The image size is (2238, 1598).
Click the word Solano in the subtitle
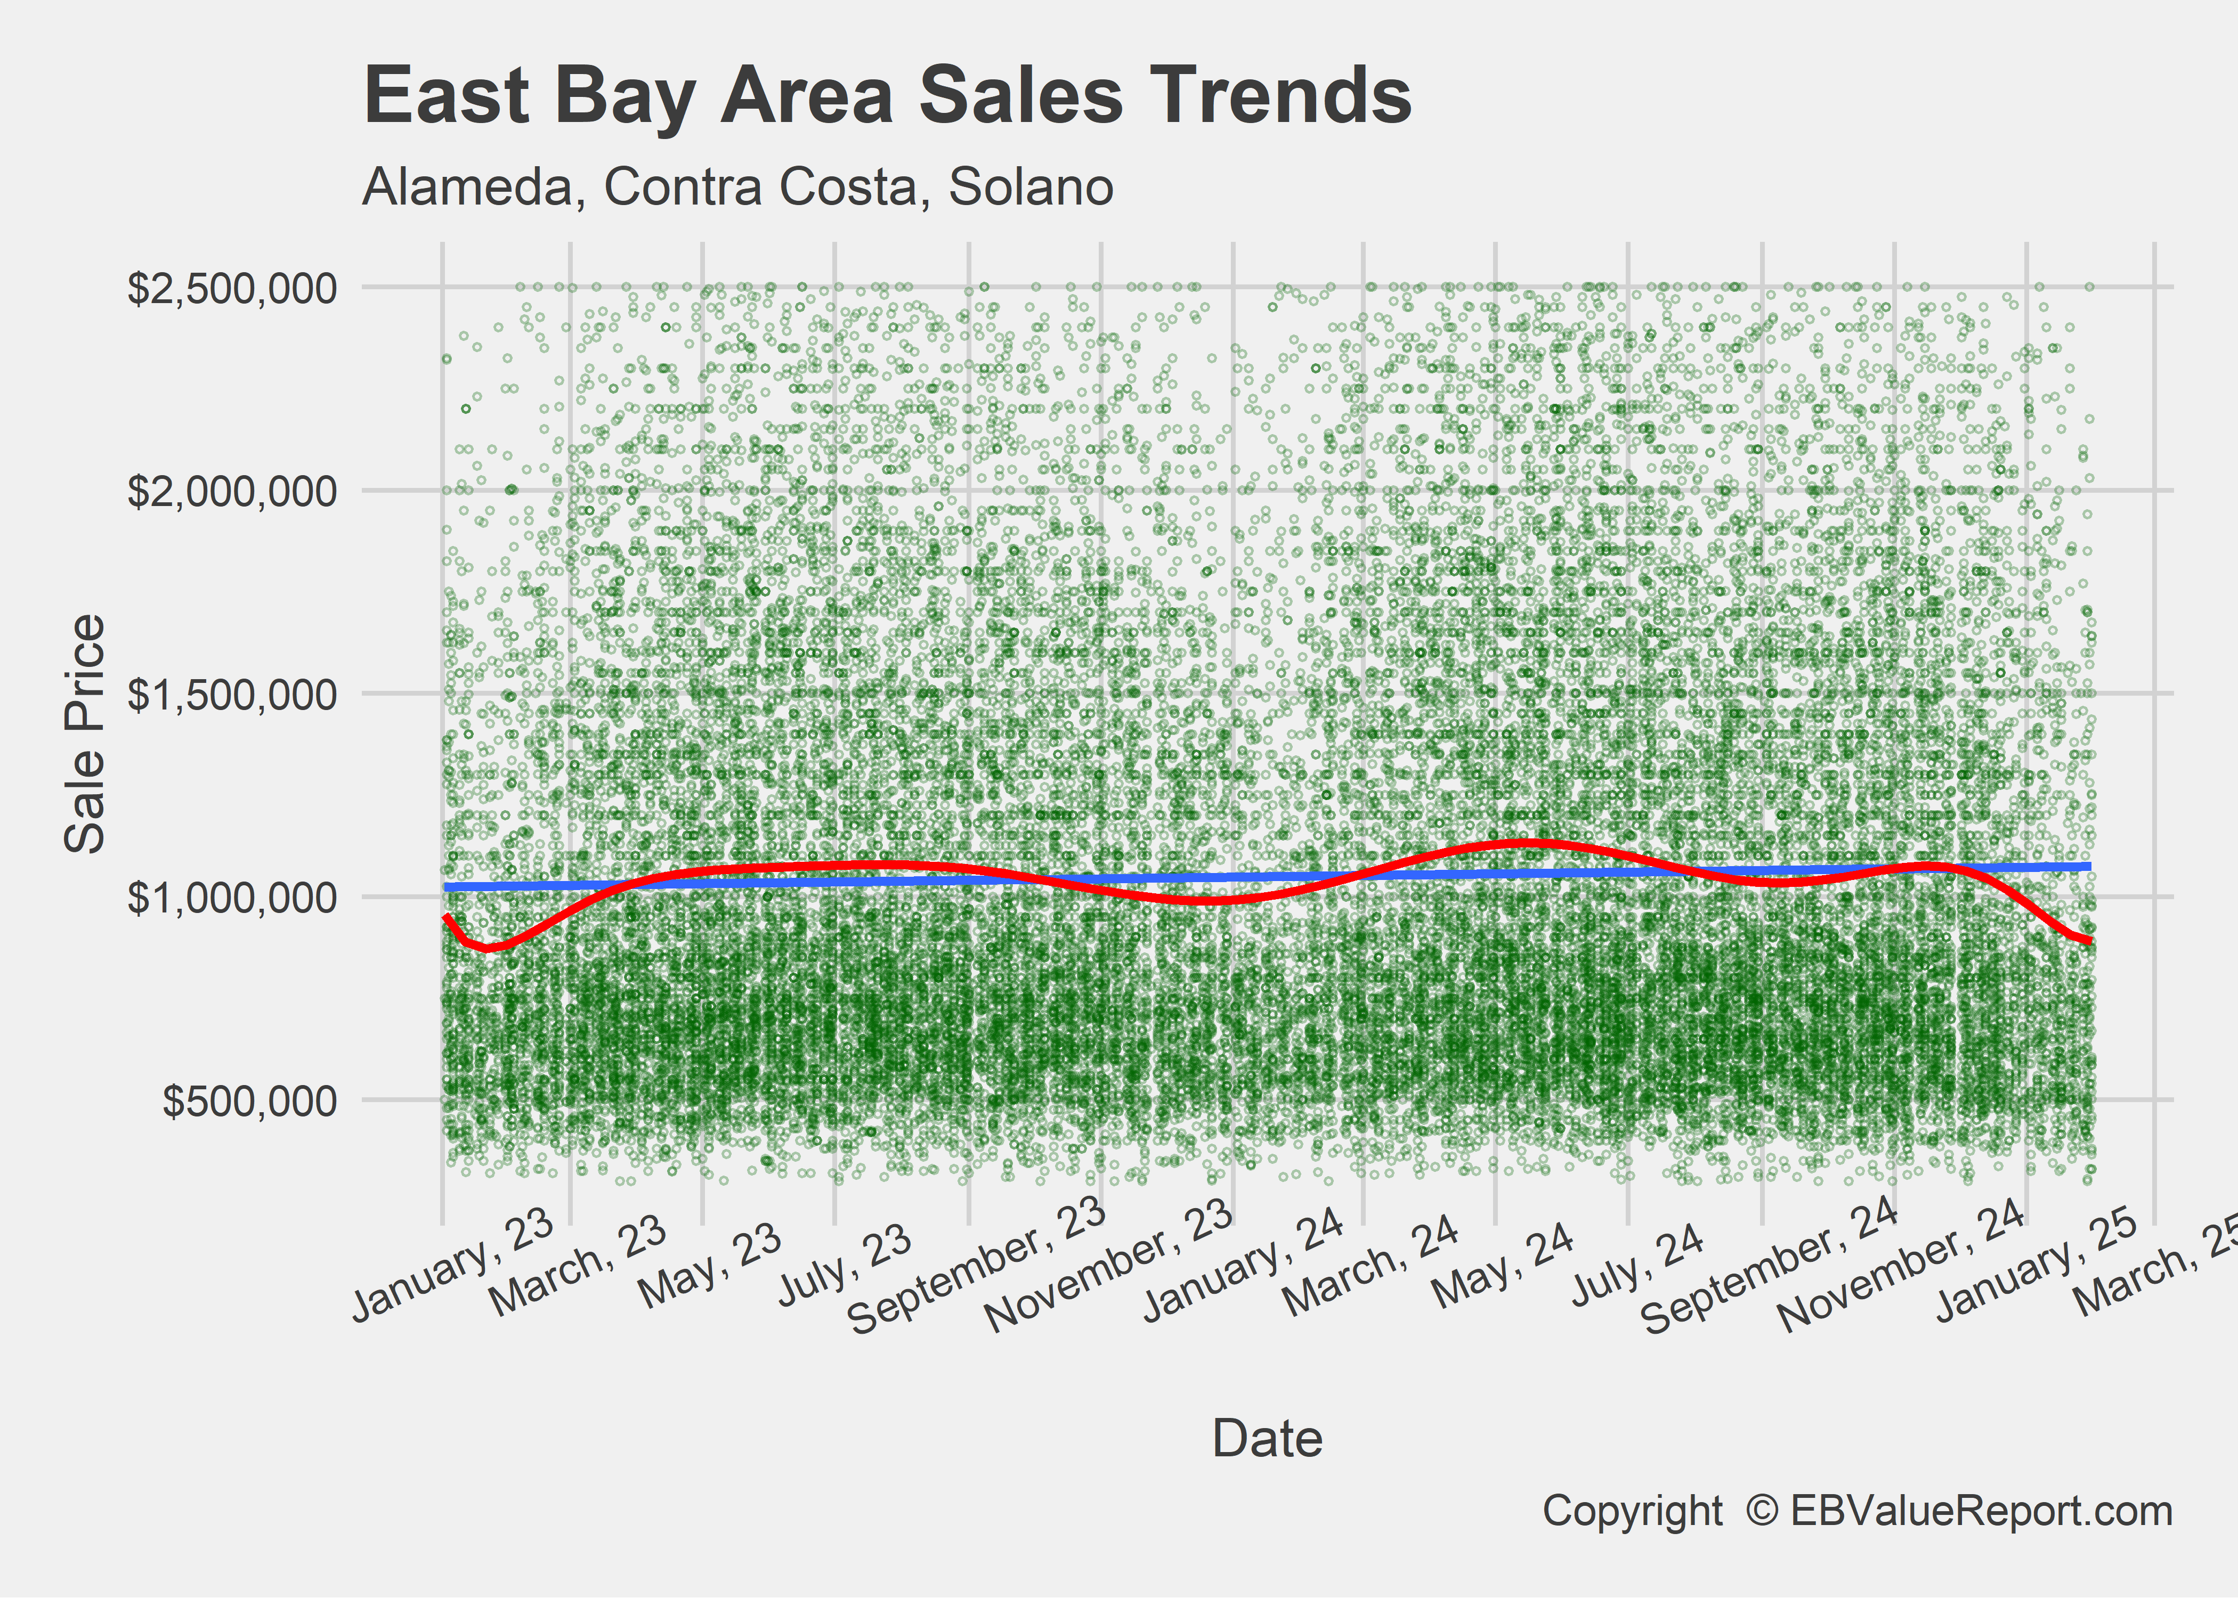point(1031,187)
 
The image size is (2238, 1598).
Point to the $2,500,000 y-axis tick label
point(232,288)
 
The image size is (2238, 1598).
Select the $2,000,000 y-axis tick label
point(232,490)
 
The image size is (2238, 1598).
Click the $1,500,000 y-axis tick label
point(232,694)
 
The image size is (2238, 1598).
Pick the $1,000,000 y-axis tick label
point(232,896)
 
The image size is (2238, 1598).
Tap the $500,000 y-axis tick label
point(250,1100)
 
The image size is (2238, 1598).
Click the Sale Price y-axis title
point(85,734)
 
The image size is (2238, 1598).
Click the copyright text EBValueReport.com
point(1980,1511)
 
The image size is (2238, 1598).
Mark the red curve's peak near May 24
point(1523,843)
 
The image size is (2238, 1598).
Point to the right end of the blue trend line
point(2088,867)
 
